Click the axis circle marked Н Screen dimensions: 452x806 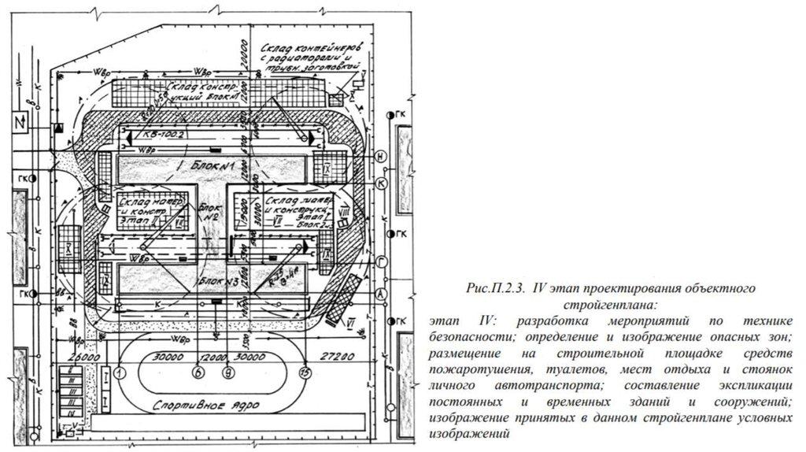[x=381, y=157]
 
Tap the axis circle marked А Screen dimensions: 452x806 [x=381, y=293]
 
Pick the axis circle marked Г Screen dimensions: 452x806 [x=381, y=262]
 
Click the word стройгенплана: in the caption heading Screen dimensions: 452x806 [x=609, y=304]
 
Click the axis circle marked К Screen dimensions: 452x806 [x=381, y=183]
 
